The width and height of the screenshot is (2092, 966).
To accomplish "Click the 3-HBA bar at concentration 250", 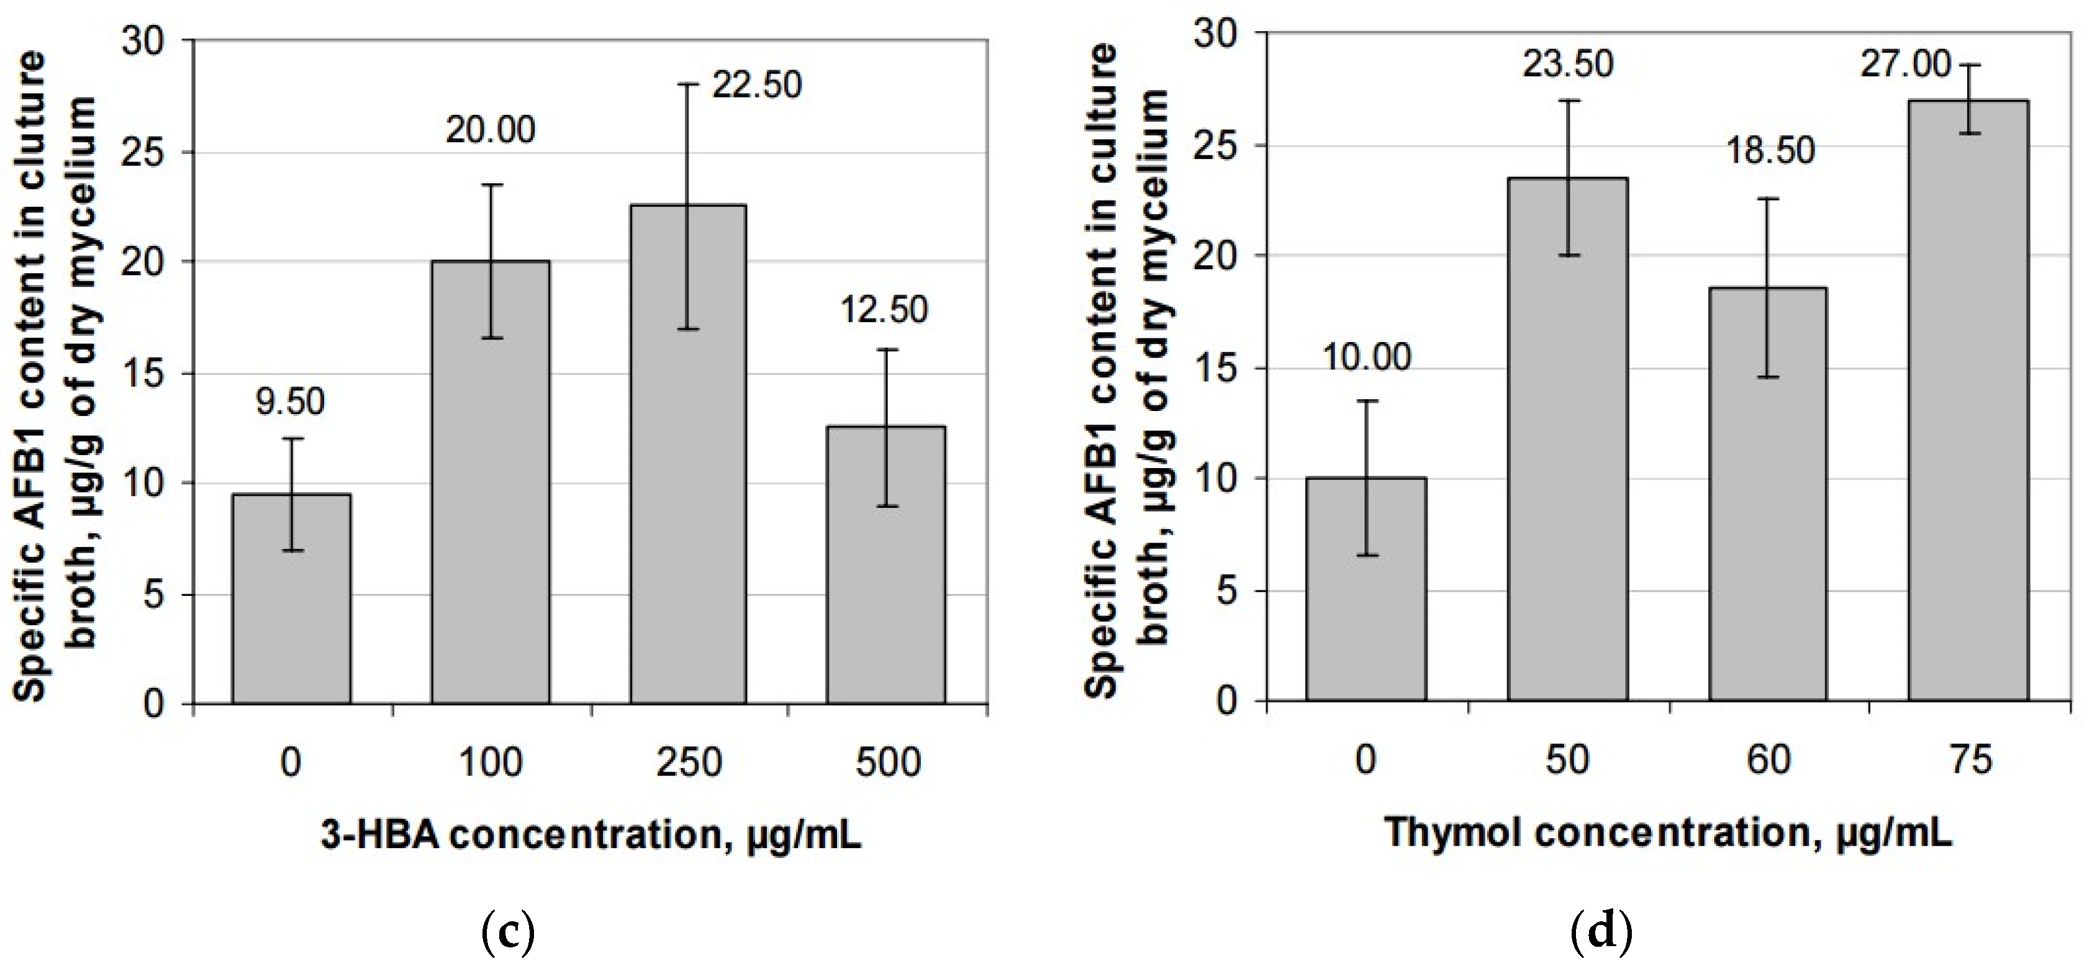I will click(688, 454).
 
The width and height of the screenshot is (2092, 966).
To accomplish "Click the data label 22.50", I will click(757, 85).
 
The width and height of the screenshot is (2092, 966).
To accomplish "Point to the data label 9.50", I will click(290, 402).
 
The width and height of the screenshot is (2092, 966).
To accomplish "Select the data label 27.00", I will click(1905, 64).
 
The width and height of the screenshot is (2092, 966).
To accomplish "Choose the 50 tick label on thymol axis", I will click(1567, 759).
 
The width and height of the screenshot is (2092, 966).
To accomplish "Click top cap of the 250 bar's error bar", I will click(688, 84).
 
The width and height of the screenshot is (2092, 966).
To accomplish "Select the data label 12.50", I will click(884, 310).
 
